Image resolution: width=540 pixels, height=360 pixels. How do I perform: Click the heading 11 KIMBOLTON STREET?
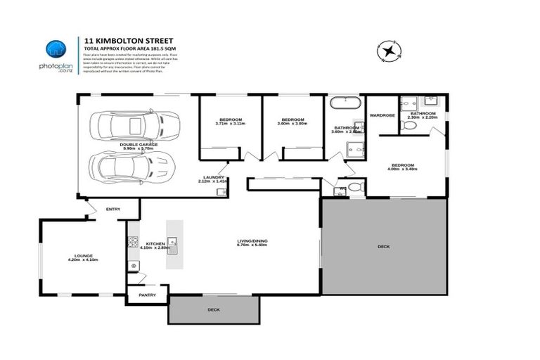120,41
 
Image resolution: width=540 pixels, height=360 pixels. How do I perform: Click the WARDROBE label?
382,115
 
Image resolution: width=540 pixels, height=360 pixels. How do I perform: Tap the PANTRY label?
147,295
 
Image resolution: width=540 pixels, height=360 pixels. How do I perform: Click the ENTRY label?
113,209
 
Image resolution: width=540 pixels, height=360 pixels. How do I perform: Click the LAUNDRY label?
213,177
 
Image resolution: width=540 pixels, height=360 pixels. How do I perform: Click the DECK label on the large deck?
383,246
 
